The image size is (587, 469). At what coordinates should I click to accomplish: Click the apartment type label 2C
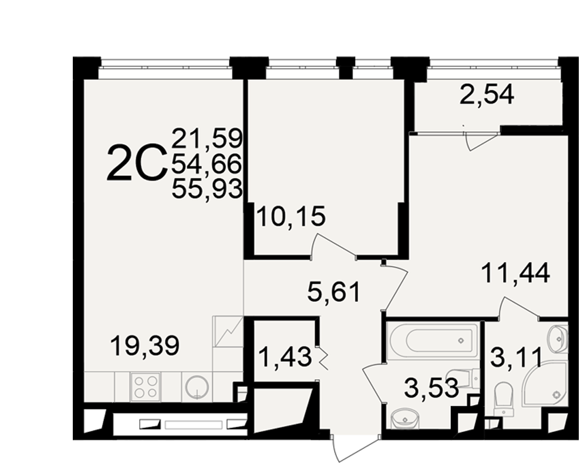(137, 164)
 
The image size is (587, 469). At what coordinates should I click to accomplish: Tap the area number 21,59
(207, 138)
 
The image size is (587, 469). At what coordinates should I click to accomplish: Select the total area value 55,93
(207, 189)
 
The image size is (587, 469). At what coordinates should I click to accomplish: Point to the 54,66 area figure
(207, 164)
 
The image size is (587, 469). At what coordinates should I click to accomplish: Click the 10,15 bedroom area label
(291, 216)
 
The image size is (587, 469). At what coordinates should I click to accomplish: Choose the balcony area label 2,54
(487, 94)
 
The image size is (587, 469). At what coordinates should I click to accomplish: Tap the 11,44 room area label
(515, 273)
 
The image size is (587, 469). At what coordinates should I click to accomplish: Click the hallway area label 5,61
(333, 292)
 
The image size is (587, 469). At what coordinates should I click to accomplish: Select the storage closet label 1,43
(285, 356)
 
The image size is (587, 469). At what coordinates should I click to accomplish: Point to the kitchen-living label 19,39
(145, 345)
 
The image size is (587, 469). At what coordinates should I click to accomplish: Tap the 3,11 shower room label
(516, 357)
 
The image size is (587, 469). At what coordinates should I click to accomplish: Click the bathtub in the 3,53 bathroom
(434, 341)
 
